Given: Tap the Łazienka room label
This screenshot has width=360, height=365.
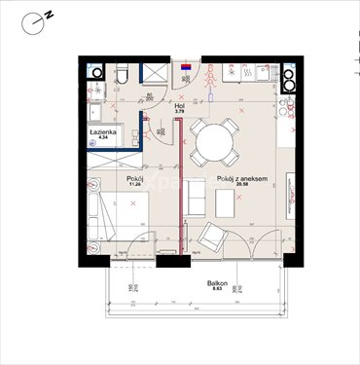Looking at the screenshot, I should click(104, 130).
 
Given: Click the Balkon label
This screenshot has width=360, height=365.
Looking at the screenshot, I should click(210, 283).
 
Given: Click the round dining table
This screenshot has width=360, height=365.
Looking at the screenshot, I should click(211, 144).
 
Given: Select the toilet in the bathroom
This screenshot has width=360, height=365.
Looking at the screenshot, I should click(119, 74).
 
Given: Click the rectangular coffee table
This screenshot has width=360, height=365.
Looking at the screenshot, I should click(225, 204).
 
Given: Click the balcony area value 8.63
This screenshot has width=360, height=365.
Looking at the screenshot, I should click(210, 290).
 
